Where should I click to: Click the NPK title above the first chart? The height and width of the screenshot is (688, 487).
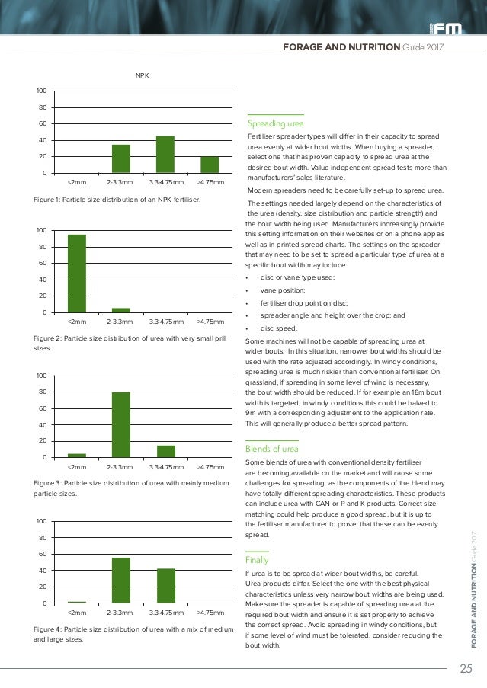tap(142, 75)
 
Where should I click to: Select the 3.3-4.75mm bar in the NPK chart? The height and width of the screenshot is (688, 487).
tap(165, 155)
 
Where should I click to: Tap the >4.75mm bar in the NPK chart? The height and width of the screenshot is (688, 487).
tap(210, 165)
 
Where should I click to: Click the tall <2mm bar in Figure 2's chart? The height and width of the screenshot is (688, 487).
tap(77, 273)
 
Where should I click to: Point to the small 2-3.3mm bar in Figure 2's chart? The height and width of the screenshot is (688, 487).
tap(121, 310)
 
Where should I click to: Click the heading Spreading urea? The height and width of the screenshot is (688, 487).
tap(276, 123)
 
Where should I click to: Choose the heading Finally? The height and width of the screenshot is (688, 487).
tap(258, 559)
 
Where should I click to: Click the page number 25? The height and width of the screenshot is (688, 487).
tap(466, 670)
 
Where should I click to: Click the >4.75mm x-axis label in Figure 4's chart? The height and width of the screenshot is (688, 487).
tap(210, 613)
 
